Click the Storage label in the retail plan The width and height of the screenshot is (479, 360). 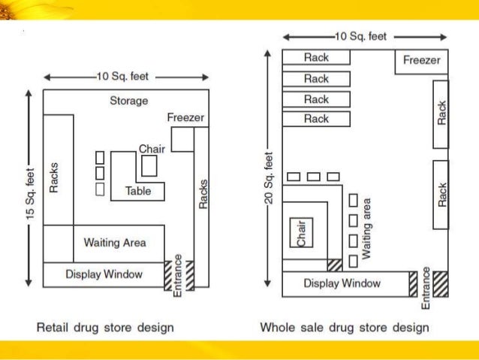pos(129,101)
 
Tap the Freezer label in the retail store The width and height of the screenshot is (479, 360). pos(185,118)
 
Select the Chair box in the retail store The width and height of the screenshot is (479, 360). pos(149,165)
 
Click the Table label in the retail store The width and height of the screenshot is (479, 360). pos(138,191)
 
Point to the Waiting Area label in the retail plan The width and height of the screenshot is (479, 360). pos(115,243)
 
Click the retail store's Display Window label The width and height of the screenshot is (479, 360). pos(104,274)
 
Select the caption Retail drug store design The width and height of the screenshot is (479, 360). pos(106,328)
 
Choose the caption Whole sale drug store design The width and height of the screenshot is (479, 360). pos(345,328)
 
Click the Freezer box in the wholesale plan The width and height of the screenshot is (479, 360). pos(422,61)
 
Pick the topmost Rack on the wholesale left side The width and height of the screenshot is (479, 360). pos(316,57)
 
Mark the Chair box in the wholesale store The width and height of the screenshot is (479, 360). pos(301,233)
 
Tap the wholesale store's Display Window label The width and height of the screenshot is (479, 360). pos(342,283)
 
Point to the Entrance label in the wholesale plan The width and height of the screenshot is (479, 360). pos(426,286)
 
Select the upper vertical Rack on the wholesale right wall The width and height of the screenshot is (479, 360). pos(441,114)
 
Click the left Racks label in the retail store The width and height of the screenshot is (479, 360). pos(54,177)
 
